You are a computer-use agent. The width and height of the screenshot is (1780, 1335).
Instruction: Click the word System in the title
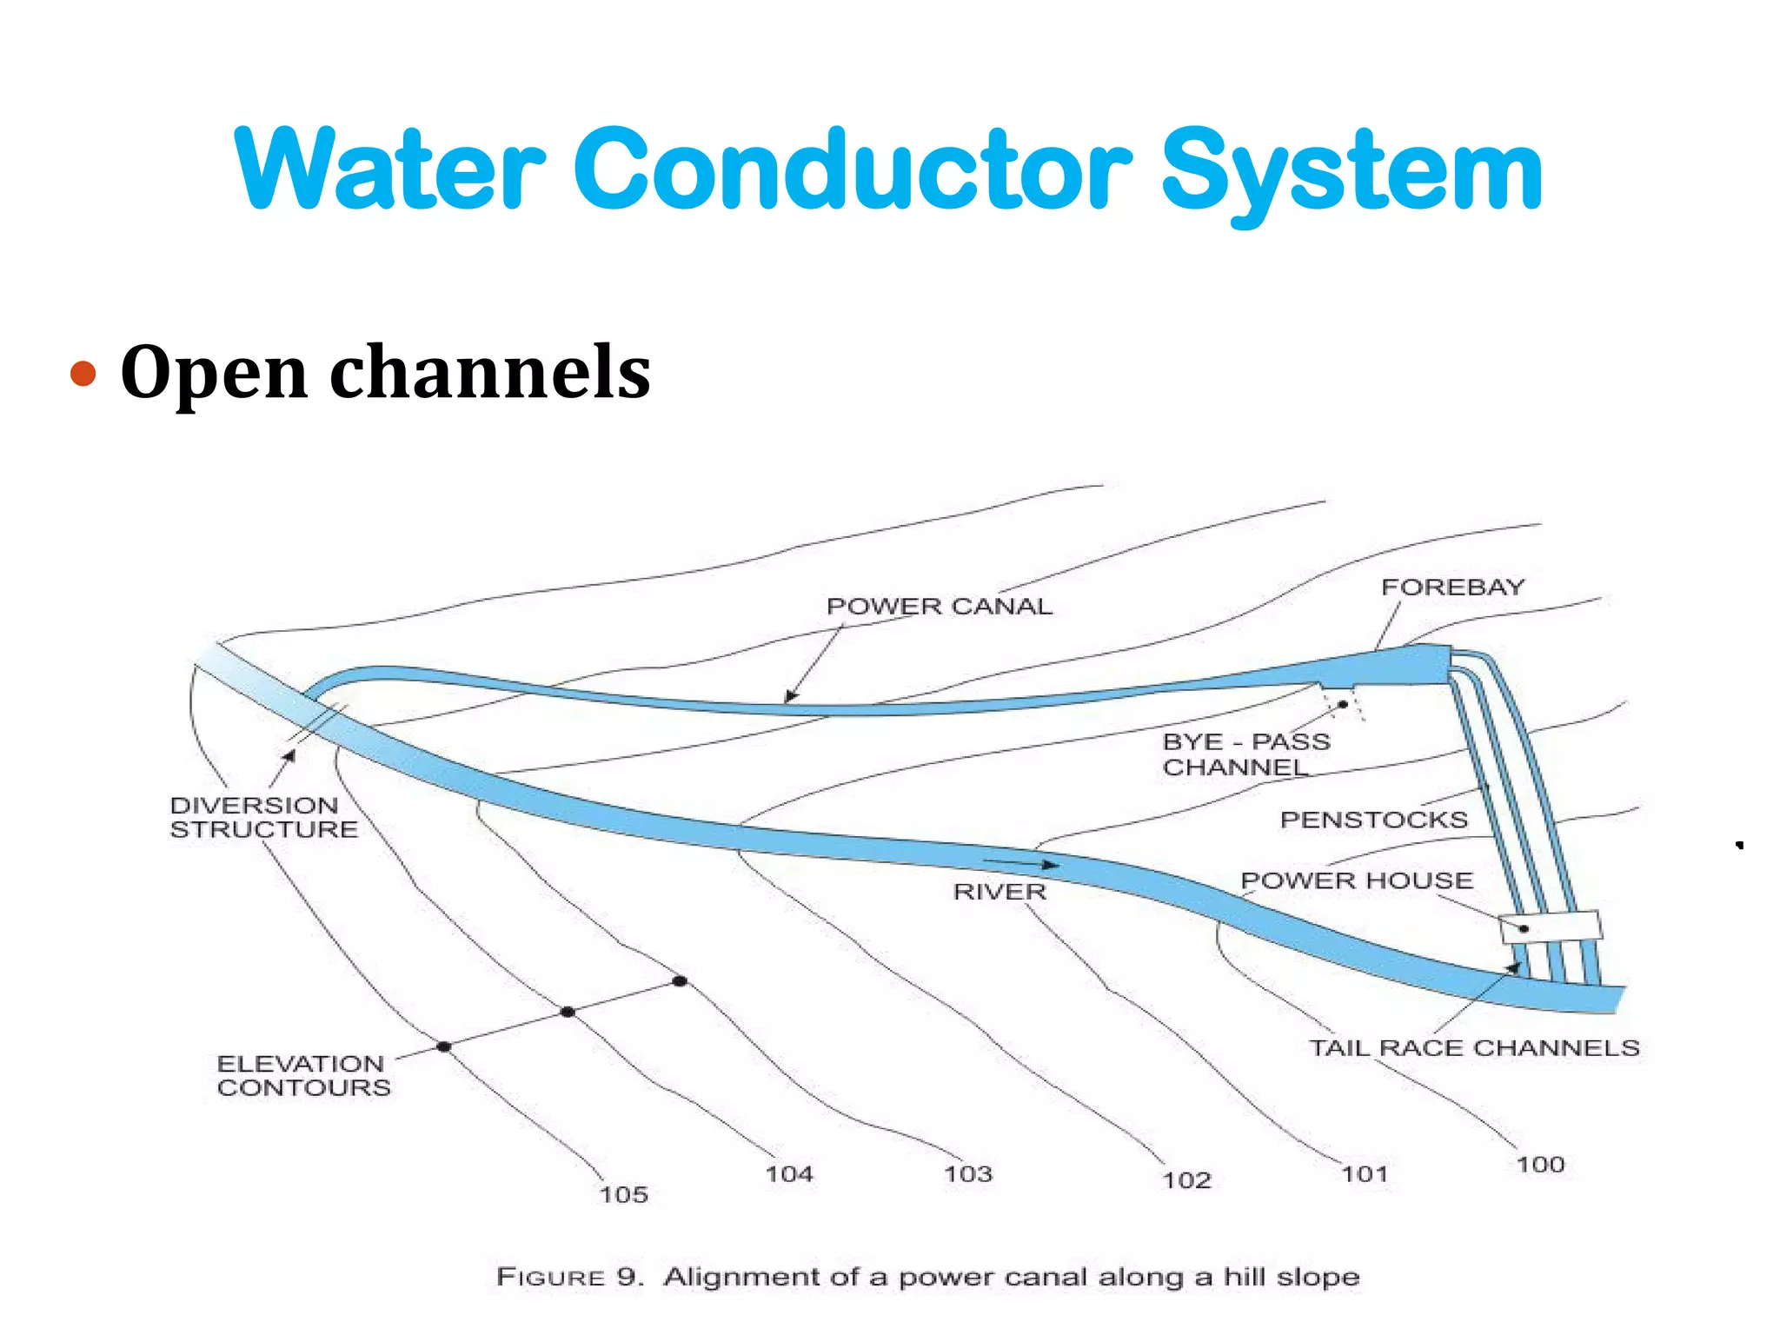click(x=1352, y=171)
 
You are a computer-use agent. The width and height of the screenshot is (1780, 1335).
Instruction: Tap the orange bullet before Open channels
click(x=83, y=374)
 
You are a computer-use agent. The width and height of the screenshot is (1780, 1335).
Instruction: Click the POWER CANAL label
click(x=939, y=606)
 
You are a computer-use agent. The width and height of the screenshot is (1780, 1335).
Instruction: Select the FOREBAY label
click(x=1452, y=588)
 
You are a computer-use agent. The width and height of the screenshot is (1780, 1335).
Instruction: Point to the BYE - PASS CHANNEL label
click(x=1245, y=754)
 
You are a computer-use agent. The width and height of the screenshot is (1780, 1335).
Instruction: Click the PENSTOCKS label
click(x=1373, y=820)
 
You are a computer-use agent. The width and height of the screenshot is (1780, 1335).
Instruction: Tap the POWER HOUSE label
click(x=1357, y=880)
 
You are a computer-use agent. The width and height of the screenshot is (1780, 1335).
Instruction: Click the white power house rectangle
click(x=1551, y=927)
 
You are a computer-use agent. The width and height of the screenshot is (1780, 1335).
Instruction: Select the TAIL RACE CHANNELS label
click(x=1474, y=1048)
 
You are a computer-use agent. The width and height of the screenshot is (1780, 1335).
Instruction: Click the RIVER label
click(x=1000, y=892)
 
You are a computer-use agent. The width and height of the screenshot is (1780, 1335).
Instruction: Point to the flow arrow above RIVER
click(x=1020, y=863)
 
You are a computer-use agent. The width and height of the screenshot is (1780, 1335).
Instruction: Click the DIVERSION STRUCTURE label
click(x=263, y=817)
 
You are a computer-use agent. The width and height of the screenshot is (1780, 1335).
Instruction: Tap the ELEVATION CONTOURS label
click(x=303, y=1075)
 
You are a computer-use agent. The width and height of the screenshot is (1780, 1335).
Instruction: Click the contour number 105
click(x=623, y=1195)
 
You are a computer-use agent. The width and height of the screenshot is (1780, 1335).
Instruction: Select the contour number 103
click(x=967, y=1174)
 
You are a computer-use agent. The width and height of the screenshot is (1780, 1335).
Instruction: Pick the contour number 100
click(x=1540, y=1165)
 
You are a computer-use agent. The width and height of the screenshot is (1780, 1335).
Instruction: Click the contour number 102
click(x=1186, y=1180)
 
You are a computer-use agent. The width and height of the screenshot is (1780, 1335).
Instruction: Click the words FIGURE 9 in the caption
click(x=569, y=1277)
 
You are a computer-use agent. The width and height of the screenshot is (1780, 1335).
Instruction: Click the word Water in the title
click(x=389, y=171)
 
